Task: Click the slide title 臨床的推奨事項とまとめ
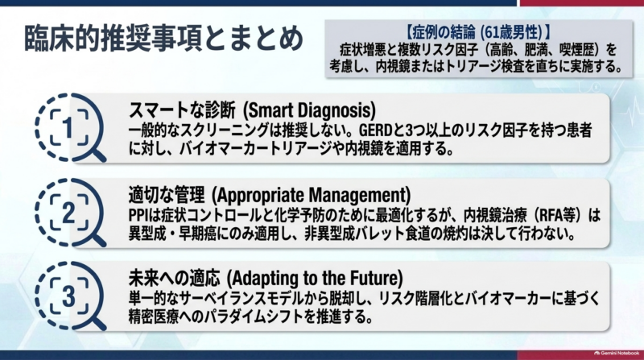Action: [x=164, y=39]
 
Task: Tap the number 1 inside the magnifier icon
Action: [x=68, y=128]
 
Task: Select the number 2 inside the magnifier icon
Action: [x=68, y=213]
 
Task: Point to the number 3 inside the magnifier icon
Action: [x=68, y=296]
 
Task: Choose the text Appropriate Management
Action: [x=311, y=195]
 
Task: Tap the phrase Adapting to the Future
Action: [x=316, y=278]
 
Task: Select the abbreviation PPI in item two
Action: [x=137, y=215]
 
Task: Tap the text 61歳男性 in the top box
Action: [x=511, y=32]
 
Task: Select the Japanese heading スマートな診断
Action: [x=183, y=110]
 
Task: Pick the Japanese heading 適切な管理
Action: [x=167, y=195]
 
